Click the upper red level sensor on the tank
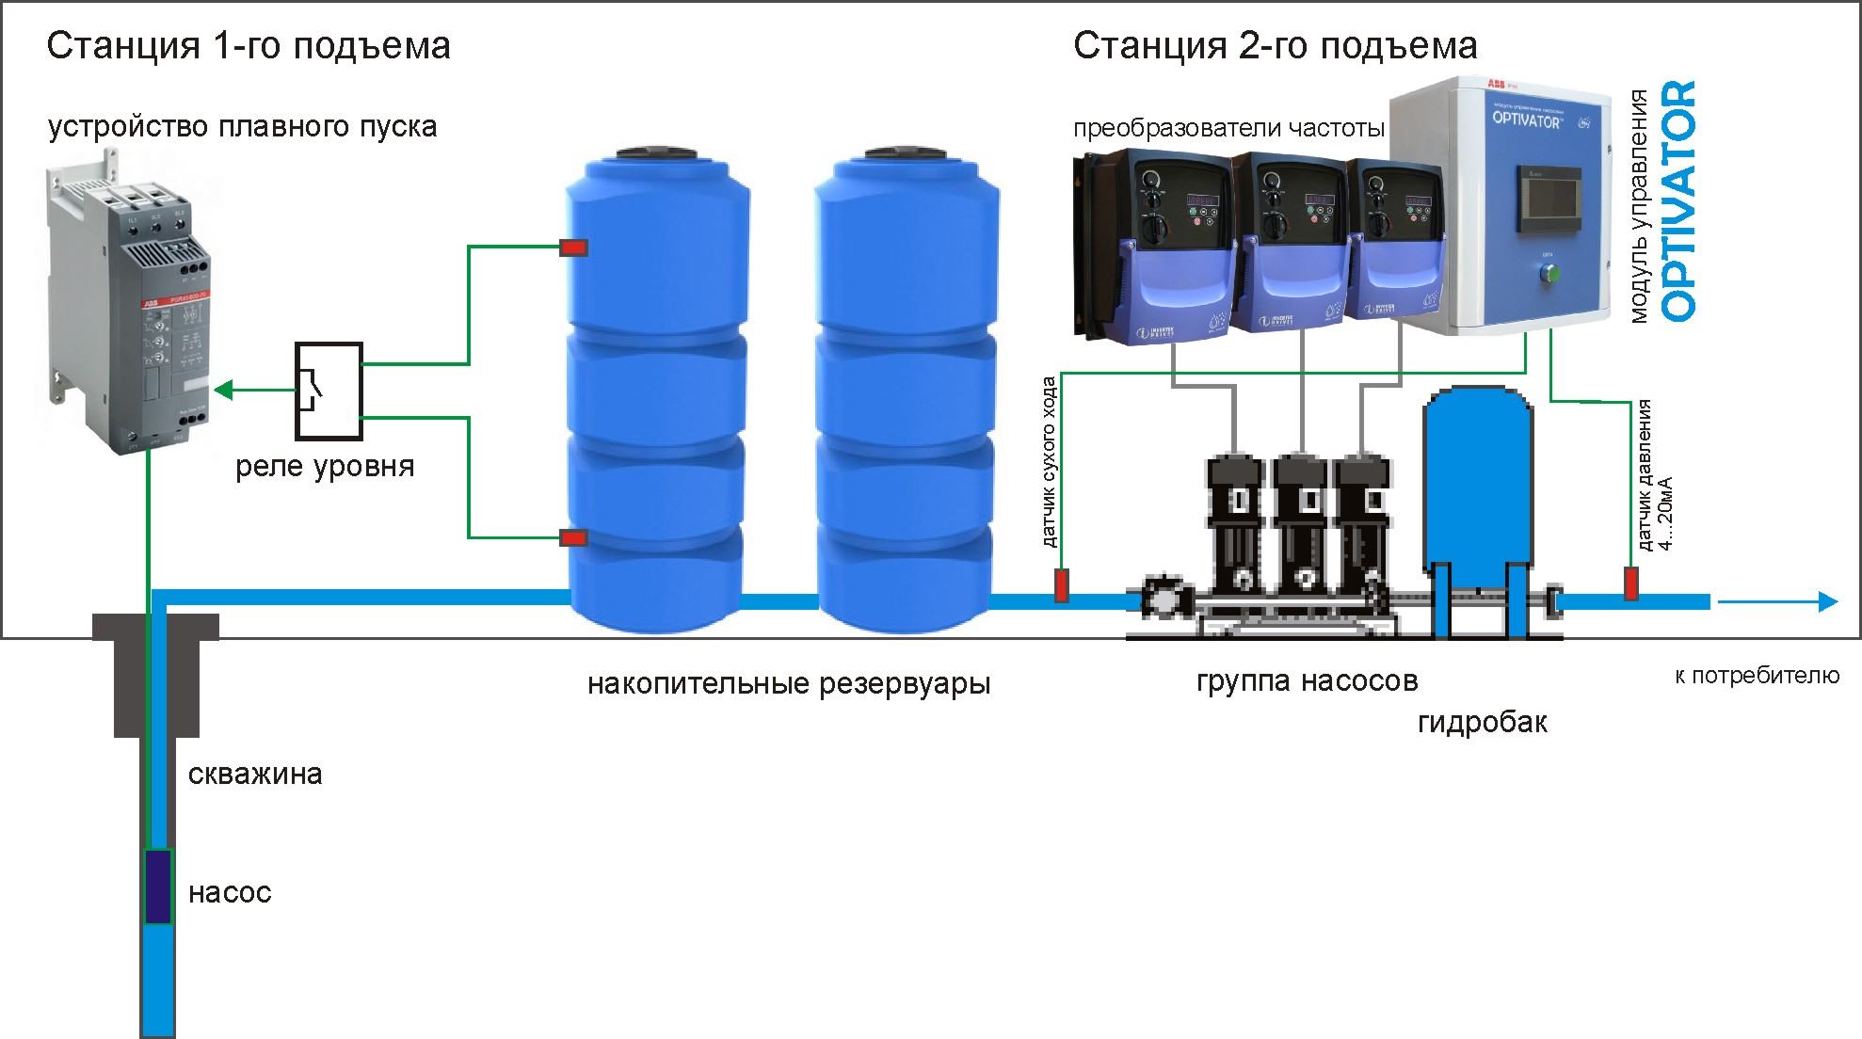(573, 248)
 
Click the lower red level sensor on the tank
(573, 538)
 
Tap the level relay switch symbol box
(329, 391)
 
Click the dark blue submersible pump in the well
(157, 886)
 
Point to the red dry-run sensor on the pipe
(1061, 585)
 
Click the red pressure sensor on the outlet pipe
(1631, 583)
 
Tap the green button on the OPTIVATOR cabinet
(1548, 274)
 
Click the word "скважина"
(255, 775)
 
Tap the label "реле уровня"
(325, 466)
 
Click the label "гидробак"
(1482, 722)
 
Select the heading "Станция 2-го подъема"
(1275, 45)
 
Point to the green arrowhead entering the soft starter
(225, 389)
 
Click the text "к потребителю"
(1757, 675)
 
